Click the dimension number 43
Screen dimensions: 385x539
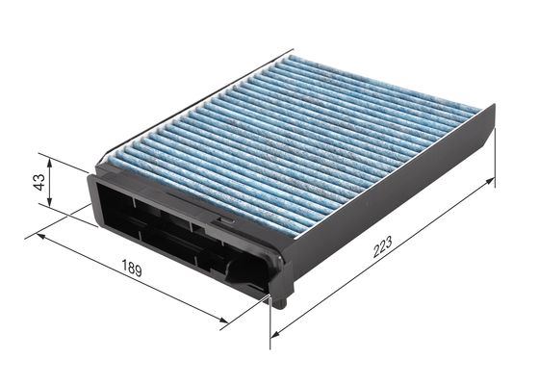click(x=39, y=182)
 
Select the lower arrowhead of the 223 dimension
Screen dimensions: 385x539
click(x=276, y=333)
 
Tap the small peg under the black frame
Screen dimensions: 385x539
click(x=278, y=301)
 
